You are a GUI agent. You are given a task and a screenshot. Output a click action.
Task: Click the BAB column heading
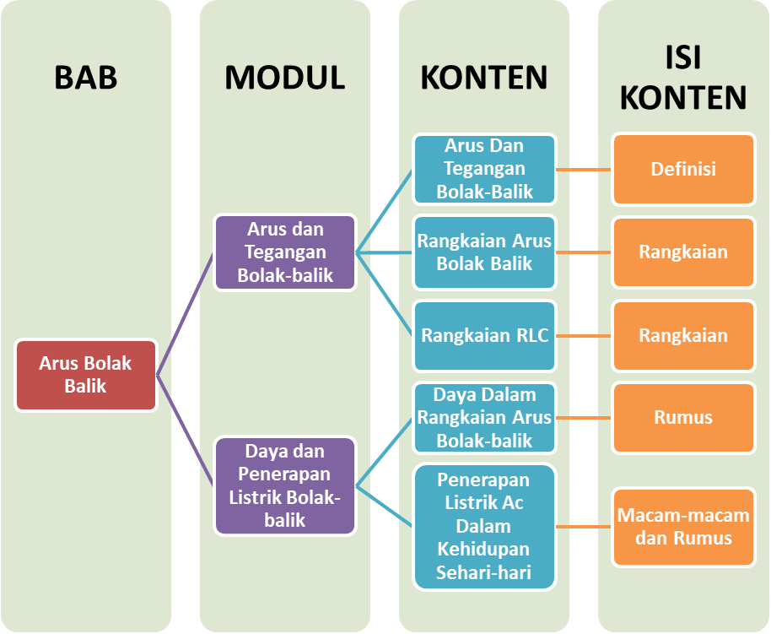coord(86,78)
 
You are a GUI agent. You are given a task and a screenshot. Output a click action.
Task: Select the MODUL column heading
coord(285,78)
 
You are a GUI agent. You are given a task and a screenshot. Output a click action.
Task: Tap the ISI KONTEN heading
coord(683,78)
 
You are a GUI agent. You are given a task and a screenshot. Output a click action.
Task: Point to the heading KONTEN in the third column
coord(484,78)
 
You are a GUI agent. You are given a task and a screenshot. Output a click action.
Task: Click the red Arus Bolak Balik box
coord(86,375)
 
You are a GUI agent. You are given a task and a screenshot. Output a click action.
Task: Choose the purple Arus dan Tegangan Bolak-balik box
coord(285,252)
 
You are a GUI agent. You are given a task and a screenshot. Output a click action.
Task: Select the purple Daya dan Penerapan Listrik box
coord(285,485)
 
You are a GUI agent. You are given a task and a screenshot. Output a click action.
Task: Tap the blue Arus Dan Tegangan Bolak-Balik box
coord(485,169)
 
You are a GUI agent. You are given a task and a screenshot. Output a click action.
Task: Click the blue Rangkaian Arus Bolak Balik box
coord(485,252)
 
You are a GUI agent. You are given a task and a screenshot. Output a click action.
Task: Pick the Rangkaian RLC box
coord(485,335)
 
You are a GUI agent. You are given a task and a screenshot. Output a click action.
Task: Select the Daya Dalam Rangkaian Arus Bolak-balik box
coord(485,417)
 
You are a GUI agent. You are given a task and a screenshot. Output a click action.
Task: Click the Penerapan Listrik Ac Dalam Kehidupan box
coord(485,527)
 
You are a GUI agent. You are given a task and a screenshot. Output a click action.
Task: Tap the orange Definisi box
coord(683,169)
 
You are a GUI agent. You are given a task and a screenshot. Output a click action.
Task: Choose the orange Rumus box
coord(683,417)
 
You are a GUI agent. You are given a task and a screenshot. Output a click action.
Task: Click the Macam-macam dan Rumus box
coord(683,527)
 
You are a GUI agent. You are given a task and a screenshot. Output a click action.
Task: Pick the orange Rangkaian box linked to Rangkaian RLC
coord(683,335)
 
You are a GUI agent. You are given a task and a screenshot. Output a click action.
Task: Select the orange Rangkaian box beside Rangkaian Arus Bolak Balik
coord(683,252)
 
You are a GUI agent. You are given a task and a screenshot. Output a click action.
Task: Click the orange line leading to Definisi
coord(585,169)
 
